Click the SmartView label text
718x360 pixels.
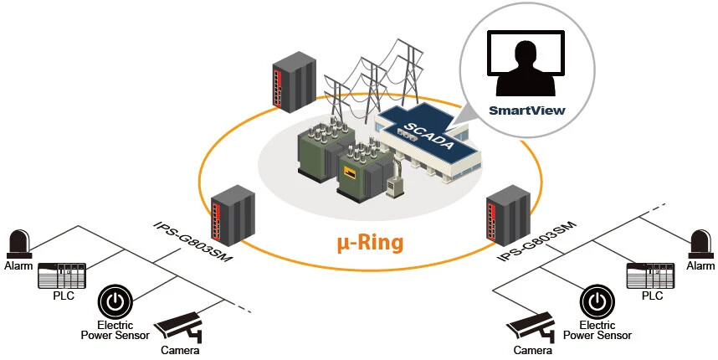coord(526,110)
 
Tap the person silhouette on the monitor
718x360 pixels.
coord(526,69)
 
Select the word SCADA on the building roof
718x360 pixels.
coord(428,133)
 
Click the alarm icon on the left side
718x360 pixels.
coord(18,244)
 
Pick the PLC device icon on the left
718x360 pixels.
coord(63,274)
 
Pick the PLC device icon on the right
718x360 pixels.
coord(650,274)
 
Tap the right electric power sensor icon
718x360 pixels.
coord(596,301)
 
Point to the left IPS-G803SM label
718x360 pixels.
coord(193,241)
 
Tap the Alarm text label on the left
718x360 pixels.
coord(18,266)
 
